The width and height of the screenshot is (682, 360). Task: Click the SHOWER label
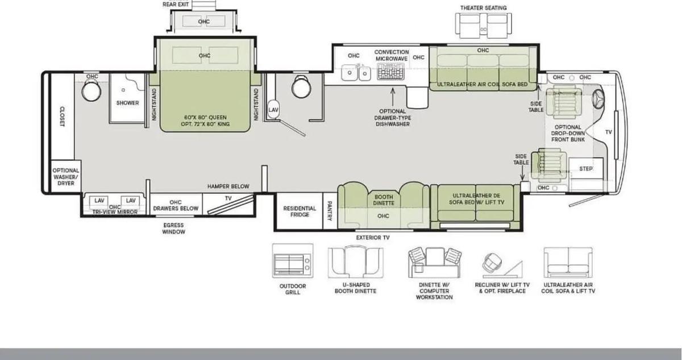127,103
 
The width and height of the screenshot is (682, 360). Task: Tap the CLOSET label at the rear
63,117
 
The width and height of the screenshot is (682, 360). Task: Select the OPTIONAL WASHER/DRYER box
66,177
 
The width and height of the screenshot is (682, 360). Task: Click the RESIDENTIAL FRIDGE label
300,212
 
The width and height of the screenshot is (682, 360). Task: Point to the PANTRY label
330,211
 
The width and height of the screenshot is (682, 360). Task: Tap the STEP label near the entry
586,169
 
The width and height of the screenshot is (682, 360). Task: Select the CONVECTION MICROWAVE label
392,55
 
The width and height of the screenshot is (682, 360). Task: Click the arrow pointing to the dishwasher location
393,97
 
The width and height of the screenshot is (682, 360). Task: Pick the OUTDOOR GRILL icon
293,260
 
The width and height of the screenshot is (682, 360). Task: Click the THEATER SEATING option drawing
484,26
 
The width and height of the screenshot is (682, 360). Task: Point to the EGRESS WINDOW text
173,229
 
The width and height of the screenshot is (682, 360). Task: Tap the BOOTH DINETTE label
384,200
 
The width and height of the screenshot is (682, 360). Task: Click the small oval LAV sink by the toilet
273,110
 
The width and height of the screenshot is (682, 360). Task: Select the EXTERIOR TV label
373,238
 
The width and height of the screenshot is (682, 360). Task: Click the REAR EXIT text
176,5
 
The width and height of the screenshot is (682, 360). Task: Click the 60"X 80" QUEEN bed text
205,118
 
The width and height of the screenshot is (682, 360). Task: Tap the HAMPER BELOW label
228,187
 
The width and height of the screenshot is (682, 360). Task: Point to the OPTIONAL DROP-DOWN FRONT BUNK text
568,134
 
